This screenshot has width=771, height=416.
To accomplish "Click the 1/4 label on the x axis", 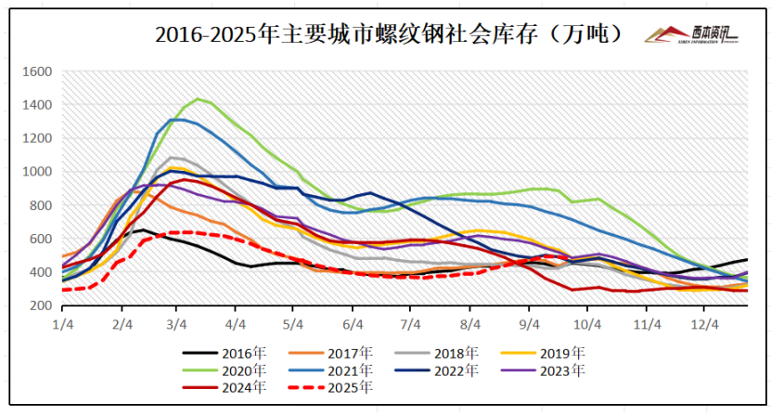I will (x=63, y=324).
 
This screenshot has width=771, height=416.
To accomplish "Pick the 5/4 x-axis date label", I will (x=293, y=324).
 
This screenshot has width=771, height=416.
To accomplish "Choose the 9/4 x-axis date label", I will (x=529, y=324).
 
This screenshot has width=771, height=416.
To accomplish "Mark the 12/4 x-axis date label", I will (x=705, y=324).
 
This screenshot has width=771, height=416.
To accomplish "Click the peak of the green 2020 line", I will (x=198, y=98).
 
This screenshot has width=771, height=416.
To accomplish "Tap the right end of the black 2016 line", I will (x=747, y=260).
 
